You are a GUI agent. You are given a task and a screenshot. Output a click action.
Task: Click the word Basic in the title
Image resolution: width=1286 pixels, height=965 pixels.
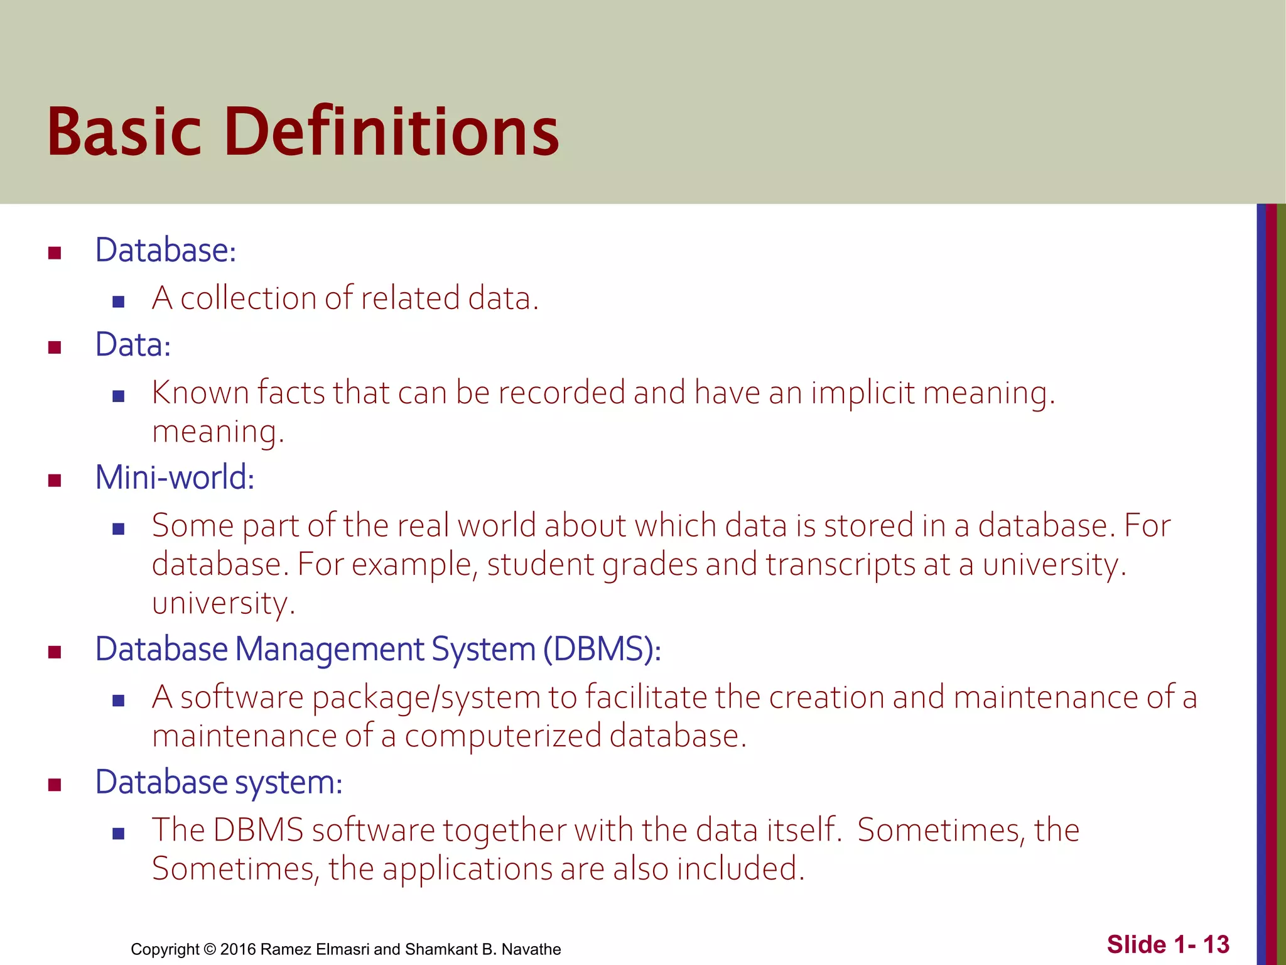point(124,132)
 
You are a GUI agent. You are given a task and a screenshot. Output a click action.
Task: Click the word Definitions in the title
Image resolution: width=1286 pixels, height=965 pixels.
point(391,132)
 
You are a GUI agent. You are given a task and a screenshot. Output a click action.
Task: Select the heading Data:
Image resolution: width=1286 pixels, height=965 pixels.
point(133,345)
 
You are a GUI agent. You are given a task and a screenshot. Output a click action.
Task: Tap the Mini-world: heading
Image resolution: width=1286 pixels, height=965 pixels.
point(175,477)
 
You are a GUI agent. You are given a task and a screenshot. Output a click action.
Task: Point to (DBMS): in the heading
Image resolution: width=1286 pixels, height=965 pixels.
point(602,650)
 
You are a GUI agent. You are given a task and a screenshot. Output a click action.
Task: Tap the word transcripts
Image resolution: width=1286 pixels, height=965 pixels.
point(840,565)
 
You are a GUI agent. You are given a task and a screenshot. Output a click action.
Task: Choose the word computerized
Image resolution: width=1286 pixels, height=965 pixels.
point(502,736)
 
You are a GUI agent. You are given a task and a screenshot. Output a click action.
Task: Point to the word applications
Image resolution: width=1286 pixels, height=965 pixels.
point(467,870)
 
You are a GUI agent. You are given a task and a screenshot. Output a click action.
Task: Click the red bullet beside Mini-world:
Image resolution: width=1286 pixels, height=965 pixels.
point(55,481)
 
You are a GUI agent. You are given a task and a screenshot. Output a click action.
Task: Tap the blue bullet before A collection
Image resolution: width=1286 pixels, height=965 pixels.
point(118,302)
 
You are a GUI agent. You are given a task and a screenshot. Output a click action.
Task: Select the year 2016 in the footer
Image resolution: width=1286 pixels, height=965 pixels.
point(238,949)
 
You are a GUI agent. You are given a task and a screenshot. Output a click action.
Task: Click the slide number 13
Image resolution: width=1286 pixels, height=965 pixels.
point(1216,945)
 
